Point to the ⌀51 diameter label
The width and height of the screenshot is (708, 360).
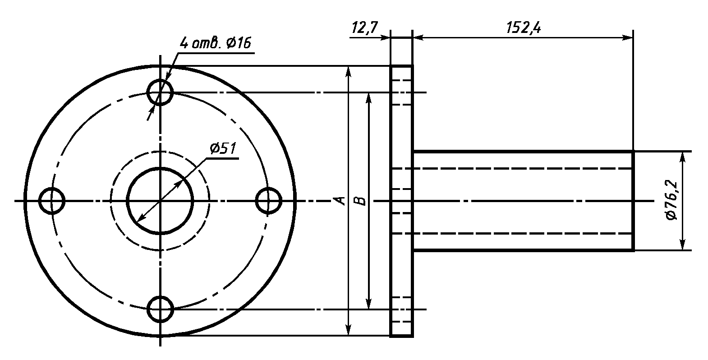(x=223, y=148)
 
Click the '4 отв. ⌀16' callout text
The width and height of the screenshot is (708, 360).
(x=216, y=43)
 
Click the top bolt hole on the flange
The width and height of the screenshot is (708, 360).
(x=160, y=92)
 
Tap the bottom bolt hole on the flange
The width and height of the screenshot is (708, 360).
(x=160, y=309)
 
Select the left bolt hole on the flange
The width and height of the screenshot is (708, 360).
(x=52, y=201)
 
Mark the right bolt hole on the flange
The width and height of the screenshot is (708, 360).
(x=268, y=201)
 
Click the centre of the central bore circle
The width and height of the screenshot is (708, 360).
(x=160, y=201)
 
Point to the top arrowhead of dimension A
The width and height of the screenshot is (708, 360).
(x=348, y=71)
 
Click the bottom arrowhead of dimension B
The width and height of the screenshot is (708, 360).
(x=369, y=305)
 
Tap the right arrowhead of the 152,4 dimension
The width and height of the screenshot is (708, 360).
(x=629, y=38)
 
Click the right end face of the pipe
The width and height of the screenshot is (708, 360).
(x=633, y=201)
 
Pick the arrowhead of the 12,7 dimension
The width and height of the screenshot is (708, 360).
(x=386, y=38)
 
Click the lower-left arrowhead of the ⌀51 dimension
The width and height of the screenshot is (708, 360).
(x=140, y=219)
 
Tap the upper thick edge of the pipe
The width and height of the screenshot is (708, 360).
(x=523, y=152)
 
